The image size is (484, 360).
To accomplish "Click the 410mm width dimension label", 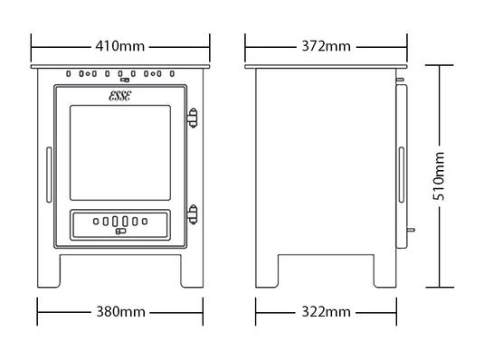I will tap(121, 45).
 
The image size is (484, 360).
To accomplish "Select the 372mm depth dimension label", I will tap(325, 45).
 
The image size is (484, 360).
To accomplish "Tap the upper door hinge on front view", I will tap(191, 117).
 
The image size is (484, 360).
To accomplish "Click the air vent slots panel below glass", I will tap(120, 222).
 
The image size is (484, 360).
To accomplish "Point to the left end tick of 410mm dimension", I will tap(32, 45).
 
